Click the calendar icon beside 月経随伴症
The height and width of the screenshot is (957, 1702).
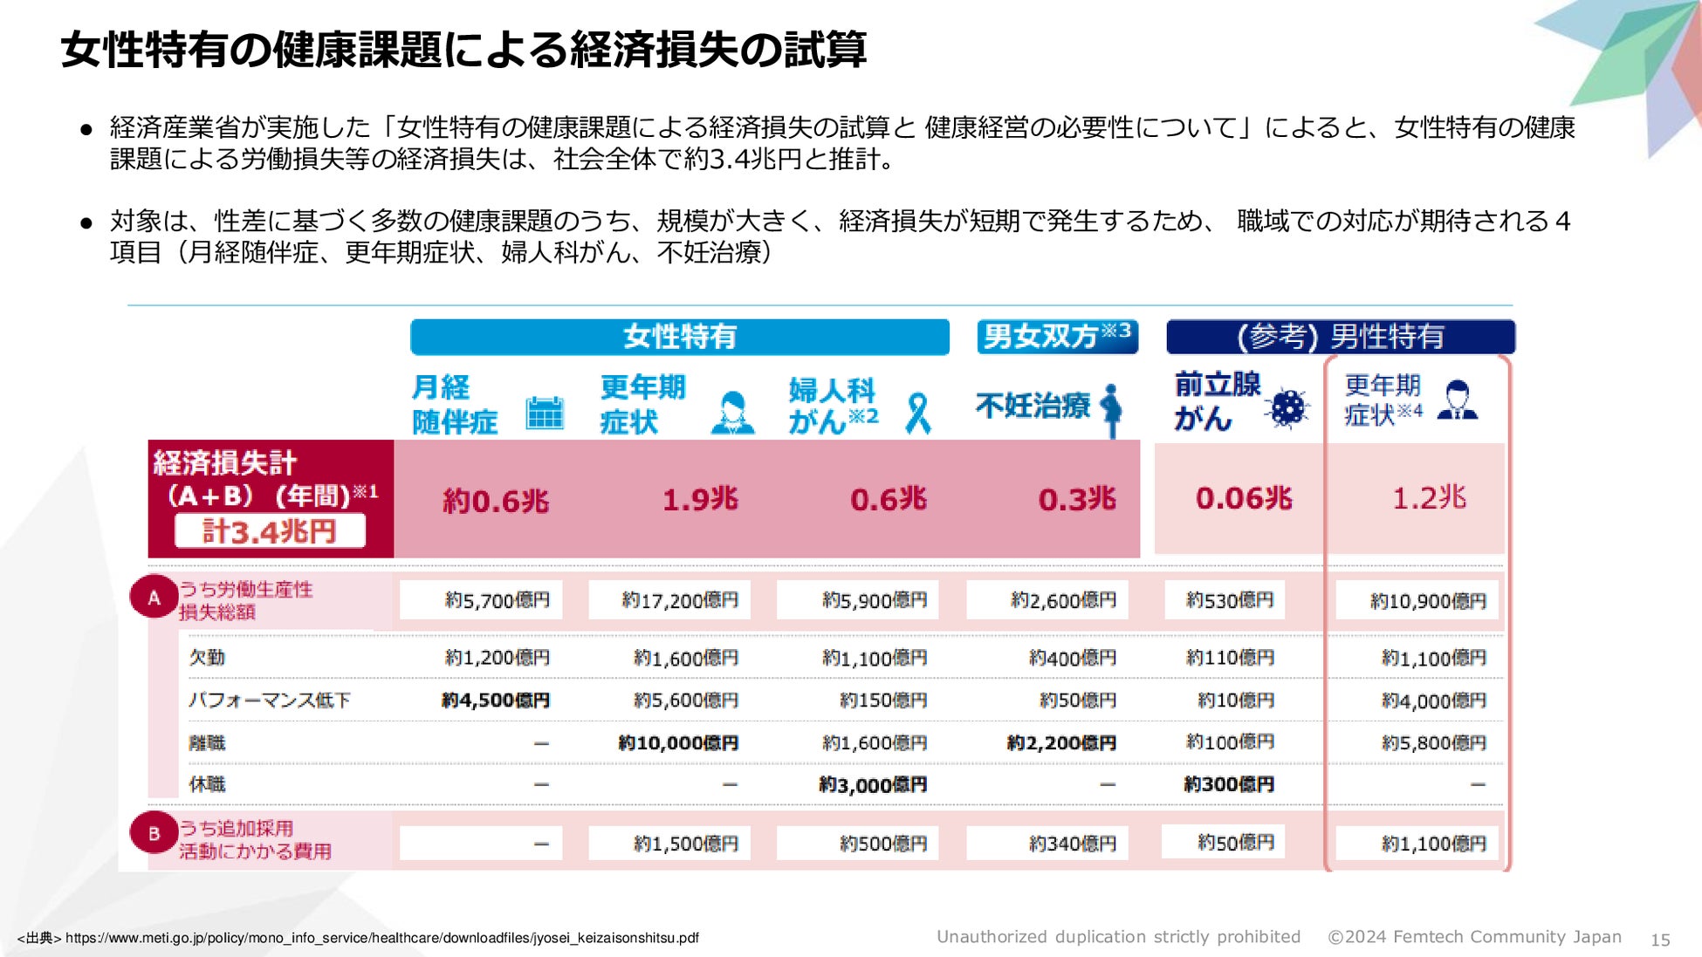coord(545,413)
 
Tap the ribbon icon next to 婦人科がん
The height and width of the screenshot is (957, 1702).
coord(917,414)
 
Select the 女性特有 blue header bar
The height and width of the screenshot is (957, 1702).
coord(679,337)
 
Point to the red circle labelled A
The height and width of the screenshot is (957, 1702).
coord(154,598)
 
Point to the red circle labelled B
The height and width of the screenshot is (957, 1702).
coord(154,834)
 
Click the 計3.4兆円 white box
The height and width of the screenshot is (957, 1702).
coord(270,531)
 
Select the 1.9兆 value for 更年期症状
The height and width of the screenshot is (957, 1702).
coord(699,500)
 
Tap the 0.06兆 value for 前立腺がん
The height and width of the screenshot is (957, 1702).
coord(1243,499)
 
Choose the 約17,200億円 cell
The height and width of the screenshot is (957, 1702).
coord(679,601)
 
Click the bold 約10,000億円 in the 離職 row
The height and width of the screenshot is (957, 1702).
coord(678,743)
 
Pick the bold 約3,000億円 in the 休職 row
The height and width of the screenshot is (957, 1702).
coord(872,785)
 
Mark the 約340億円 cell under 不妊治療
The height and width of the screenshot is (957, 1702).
coord(1072,844)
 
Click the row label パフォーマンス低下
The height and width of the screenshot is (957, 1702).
coord(270,701)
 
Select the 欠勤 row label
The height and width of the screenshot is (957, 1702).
coord(208,658)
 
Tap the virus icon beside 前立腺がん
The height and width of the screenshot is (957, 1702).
coord(1288,407)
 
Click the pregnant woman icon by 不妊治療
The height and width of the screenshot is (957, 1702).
coord(1111,408)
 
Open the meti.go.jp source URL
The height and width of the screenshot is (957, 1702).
coord(381,939)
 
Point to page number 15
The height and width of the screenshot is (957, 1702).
coord(1659,940)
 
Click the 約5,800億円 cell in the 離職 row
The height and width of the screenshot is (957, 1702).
coord(1433,743)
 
